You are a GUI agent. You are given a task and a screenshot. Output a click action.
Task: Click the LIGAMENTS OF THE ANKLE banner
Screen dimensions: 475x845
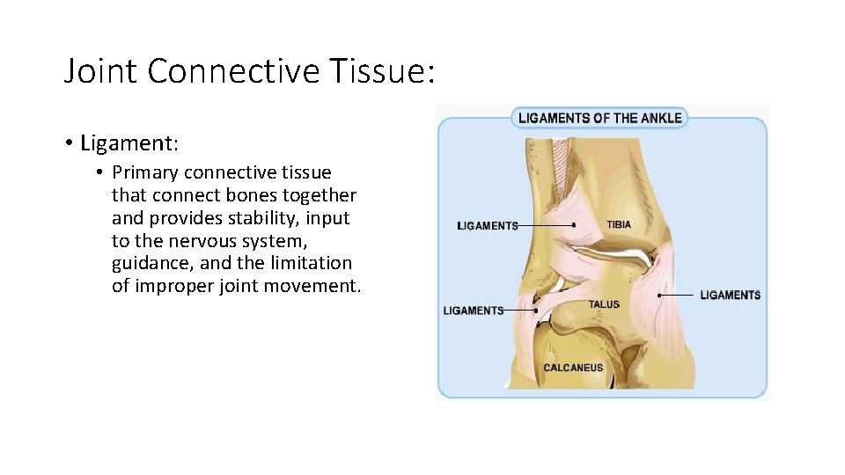599,118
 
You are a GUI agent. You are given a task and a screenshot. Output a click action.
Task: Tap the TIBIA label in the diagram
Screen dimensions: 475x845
619,224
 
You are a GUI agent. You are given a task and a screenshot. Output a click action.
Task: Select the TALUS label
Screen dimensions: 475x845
604,304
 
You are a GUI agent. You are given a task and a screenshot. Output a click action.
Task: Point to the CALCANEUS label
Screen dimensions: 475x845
573,368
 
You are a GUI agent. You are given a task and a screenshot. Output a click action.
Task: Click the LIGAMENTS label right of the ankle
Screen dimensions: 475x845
730,295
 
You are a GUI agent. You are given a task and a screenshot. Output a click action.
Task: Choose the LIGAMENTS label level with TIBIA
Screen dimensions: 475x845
488,226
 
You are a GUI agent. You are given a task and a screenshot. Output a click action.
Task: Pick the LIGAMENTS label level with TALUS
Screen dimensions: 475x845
474,311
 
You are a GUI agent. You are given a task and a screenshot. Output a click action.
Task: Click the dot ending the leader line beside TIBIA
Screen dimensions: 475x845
574,225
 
